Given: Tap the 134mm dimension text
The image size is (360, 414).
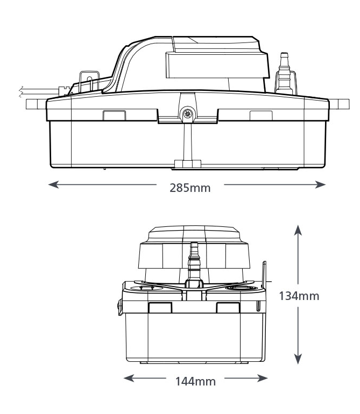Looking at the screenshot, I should pos(299,295).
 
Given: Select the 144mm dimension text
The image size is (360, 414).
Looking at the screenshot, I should pos(195,381).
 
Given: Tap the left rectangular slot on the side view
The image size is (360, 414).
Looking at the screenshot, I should pos(114,115).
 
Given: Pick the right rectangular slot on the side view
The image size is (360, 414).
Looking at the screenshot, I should pos(260,115).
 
